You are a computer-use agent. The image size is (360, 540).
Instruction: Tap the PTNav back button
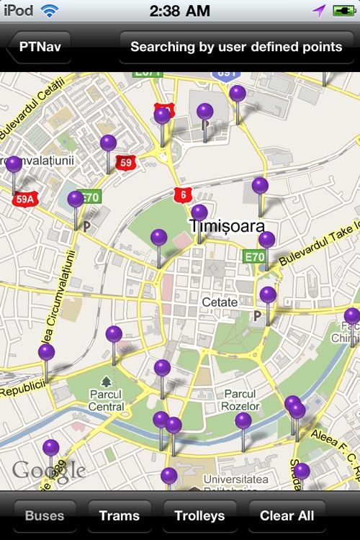coord(40,48)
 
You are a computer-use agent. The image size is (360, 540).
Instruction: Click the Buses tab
coord(45,516)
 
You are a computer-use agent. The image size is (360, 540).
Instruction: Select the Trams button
coord(120,516)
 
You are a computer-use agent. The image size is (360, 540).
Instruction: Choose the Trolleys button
coord(199,516)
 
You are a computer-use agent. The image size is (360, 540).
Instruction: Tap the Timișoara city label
coord(227,226)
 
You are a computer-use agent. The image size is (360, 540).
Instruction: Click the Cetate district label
coord(220,302)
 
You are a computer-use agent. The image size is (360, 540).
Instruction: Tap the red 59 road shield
coord(126,162)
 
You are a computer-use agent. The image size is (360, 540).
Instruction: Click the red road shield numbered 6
coord(183,194)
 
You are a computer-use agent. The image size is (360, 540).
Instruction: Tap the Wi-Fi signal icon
coord(50,11)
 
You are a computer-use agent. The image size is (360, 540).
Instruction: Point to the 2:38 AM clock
coord(180,11)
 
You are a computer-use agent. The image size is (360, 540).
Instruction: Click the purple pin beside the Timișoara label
coord(199,213)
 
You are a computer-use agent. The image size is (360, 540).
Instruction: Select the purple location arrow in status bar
coord(319,11)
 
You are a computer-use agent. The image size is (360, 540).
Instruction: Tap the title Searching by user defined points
coord(236,48)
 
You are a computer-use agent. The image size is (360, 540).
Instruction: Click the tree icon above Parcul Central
coord(107,381)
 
